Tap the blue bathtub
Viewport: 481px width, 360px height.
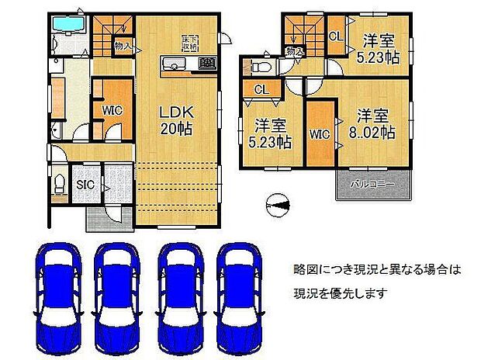(71, 26)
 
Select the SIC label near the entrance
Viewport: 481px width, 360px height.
(85, 185)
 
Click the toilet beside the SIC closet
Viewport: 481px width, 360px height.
(59, 185)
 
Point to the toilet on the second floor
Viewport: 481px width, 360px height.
(257, 68)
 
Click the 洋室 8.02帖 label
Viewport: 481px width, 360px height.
(375, 124)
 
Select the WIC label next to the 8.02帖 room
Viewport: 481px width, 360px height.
(320, 134)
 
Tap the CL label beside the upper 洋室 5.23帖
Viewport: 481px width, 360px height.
(336, 36)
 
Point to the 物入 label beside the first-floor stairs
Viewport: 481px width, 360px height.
(123, 47)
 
